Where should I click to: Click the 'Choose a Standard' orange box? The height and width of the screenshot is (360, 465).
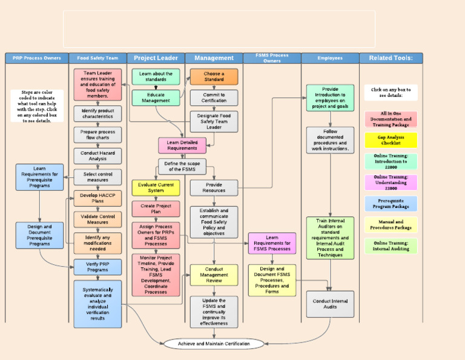214,76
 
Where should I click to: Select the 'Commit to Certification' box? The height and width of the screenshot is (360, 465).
214,98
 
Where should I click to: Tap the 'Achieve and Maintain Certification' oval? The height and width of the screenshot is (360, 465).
214,344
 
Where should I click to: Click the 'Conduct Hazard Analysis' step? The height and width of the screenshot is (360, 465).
97,156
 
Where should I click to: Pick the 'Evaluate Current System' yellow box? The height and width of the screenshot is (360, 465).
156,188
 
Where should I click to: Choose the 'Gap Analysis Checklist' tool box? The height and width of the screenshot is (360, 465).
391,141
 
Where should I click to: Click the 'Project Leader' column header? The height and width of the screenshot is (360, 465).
156,58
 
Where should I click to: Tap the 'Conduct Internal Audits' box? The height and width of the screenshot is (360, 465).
330,304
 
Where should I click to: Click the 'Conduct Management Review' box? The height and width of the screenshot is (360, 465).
214,275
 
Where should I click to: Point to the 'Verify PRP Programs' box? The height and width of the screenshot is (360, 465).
97,267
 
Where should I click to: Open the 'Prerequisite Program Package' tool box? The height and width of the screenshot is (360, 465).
391,204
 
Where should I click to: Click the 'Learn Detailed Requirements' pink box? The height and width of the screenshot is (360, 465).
182,145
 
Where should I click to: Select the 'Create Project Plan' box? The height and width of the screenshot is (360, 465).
156,209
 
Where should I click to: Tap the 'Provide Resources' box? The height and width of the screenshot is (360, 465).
214,188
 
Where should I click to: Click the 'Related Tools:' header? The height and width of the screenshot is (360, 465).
391,58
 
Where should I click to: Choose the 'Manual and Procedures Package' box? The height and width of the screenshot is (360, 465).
391,225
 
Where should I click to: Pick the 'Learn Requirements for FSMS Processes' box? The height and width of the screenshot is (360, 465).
272,243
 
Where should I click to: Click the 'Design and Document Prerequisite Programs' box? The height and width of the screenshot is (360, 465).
39,235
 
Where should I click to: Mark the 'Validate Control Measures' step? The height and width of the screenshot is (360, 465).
97,219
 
